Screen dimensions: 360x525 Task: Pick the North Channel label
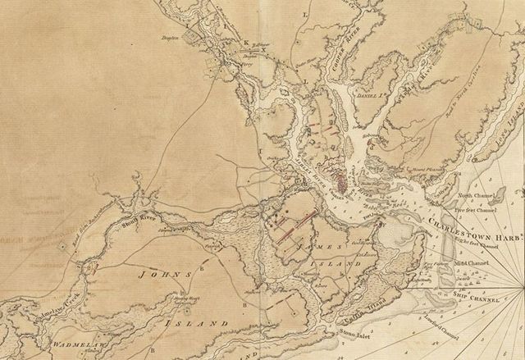tap(476, 196)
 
